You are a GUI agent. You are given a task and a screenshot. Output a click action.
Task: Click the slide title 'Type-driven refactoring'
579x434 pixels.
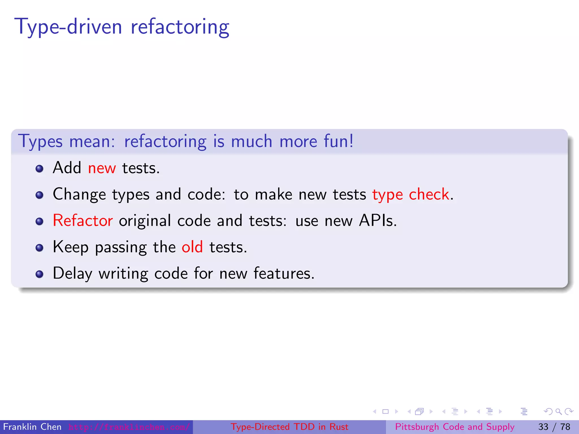[x=122, y=27]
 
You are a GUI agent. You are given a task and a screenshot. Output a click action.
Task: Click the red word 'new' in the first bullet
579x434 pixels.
[x=102, y=168]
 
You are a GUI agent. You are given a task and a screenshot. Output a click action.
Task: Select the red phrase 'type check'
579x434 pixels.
[x=411, y=195]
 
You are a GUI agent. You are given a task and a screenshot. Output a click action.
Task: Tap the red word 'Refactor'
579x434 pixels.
[x=83, y=221]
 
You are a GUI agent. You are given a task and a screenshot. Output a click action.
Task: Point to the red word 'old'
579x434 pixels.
[x=192, y=247]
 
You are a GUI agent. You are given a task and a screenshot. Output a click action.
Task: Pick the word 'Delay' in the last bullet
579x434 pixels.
[x=72, y=274]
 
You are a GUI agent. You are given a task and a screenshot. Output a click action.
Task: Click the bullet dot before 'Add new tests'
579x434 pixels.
[x=40, y=169]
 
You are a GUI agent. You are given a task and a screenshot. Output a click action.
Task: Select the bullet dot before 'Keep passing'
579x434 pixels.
[x=40, y=248]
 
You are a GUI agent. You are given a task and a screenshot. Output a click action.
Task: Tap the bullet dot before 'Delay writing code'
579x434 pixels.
[x=40, y=274]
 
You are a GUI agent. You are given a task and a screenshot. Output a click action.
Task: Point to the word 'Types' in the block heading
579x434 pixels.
[x=40, y=142]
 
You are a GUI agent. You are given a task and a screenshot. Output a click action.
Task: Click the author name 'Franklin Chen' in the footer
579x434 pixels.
[x=32, y=427]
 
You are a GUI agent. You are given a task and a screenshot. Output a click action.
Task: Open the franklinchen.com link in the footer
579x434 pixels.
[x=129, y=427]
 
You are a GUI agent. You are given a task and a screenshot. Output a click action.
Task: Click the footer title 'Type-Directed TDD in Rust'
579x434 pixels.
[x=289, y=427]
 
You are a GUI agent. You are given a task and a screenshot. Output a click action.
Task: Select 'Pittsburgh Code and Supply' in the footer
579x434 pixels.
[x=455, y=427]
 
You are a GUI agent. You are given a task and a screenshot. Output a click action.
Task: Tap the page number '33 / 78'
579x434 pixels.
[x=554, y=427]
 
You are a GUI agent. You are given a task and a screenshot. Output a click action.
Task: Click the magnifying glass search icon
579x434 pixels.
[x=558, y=411]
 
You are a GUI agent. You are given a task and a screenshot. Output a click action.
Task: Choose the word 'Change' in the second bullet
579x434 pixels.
[x=79, y=195]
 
